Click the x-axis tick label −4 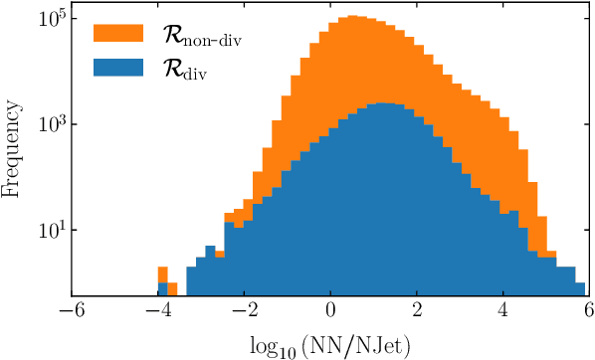(157, 311)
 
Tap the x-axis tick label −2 (244, 311)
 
